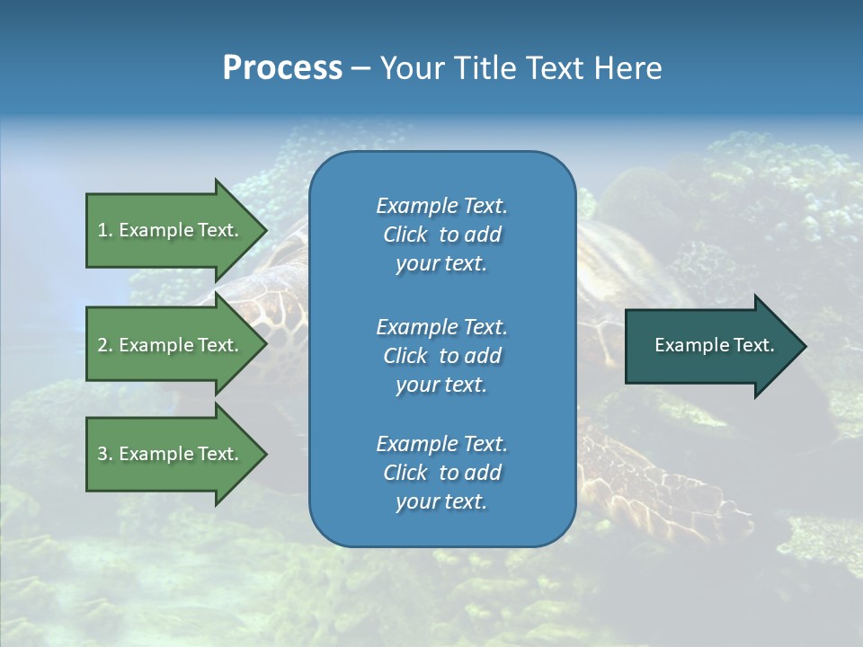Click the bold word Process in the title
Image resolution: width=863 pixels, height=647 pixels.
click(282, 68)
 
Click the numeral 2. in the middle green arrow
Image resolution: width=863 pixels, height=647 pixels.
click(105, 345)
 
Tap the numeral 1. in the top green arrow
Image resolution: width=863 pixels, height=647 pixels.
click(105, 230)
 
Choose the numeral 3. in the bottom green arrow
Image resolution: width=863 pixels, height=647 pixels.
click(105, 454)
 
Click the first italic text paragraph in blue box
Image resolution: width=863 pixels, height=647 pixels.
click(441, 235)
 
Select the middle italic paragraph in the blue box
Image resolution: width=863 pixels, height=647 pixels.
click(441, 356)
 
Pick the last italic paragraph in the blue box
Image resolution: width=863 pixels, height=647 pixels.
click(441, 473)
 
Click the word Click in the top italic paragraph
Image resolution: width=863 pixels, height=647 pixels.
click(405, 235)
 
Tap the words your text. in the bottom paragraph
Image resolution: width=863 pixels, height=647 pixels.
click(441, 502)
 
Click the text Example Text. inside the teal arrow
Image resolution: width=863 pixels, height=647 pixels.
click(714, 345)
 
